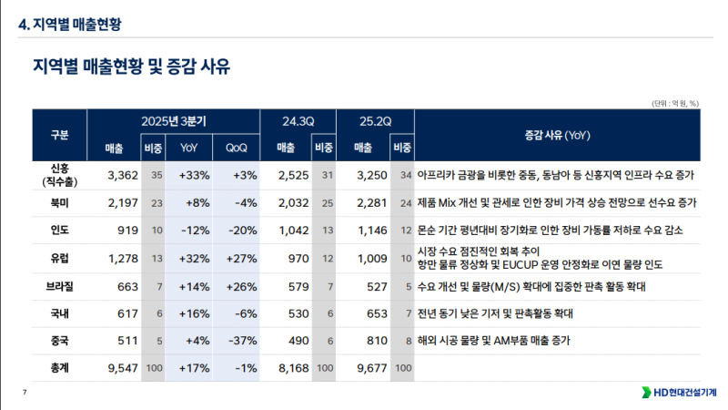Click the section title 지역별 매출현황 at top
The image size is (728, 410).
pyautogui.click(x=70, y=25)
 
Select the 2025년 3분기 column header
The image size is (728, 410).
pyautogui.click(x=174, y=121)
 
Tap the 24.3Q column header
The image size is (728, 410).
pyautogui.click(x=298, y=121)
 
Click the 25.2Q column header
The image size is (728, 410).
pyautogui.click(x=376, y=121)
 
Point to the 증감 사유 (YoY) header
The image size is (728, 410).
pyautogui.click(x=558, y=135)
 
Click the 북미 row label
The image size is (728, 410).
pyautogui.click(x=60, y=202)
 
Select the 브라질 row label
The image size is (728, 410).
pyautogui.click(x=60, y=286)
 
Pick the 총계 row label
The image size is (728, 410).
pyautogui.click(x=60, y=369)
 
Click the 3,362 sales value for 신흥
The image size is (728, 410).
pyautogui.click(x=121, y=174)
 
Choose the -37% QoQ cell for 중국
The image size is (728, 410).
pyautogui.click(x=239, y=342)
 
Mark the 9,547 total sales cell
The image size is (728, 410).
pyautogui.click(x=121, y=369)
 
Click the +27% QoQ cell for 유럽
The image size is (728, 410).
pyautogui.click(x=239, y=258)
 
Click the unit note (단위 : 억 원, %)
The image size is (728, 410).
pyautogui.click(x=674, y=103)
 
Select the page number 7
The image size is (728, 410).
pyautogui.click(x=24, y=393)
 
